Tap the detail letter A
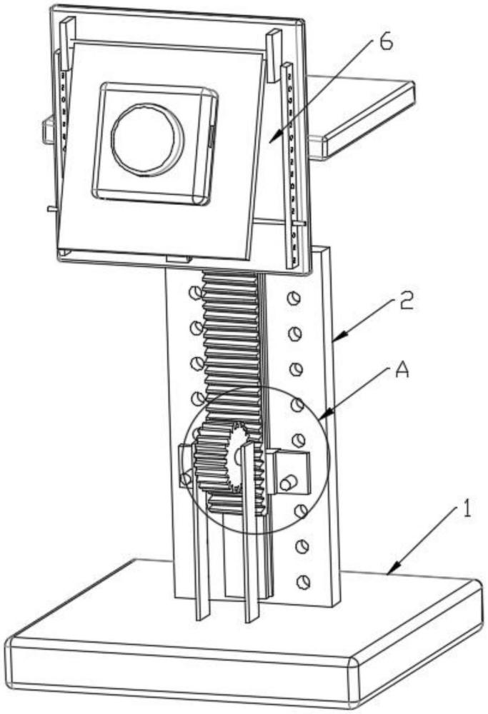(402, 371)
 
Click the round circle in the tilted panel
(148, 138)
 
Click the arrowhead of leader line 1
(388, 573)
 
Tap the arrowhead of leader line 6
(271, 142)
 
